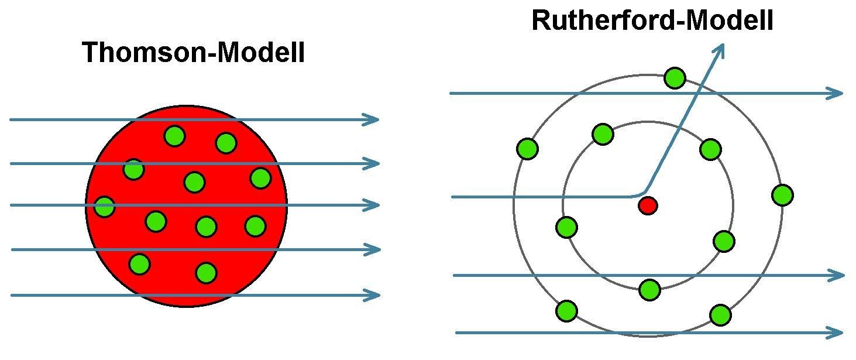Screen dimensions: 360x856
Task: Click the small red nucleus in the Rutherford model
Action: (x=648, y=205)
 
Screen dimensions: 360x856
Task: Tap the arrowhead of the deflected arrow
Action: (x=721, y=51)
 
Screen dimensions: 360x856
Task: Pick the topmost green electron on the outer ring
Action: (x=675, y=78)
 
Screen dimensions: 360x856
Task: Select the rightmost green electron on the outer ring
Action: (x=782, y=195)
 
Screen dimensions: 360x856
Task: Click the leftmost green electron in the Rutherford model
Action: (x=527, y=148)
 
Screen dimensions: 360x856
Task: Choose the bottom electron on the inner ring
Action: (x=649, y=289)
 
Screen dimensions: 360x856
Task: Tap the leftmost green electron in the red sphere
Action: (x=104, y=206)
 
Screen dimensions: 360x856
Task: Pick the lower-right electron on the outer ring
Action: (x=720, y=314)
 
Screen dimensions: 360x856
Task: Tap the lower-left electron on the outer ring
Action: (x=566, y=311)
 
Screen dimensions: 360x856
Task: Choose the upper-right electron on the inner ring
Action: (x=710, y=149)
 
